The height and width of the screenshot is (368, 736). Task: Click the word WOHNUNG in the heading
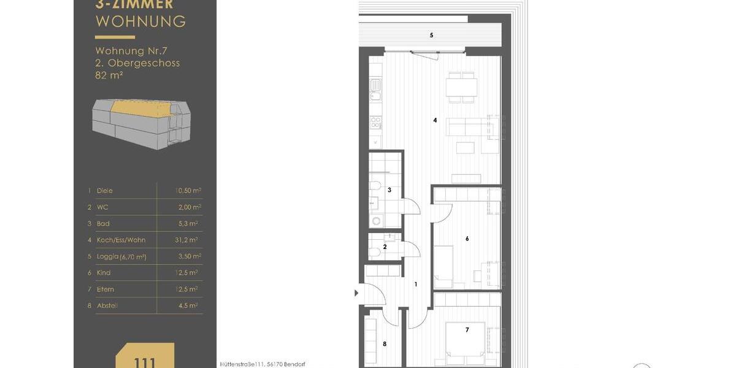pyautogui.click(x=140, y=21)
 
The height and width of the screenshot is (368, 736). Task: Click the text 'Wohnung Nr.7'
pyautogui.click(x=128, y=51)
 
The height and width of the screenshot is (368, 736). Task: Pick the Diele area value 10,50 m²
pyautogui.click(x=187, y=191)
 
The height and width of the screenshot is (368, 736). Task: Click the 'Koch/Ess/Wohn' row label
pyautogui.click(x=121, y=240)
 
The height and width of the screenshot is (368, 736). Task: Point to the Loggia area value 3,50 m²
pyautogui.click(x=188, y=256)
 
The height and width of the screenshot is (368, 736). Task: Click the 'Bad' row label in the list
pyautogui.click(x=103, y=224)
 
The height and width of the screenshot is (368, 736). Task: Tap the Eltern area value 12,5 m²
pyautogui.click(x=188, y=289)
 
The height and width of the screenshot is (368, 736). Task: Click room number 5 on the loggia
pyautogui.click(x=431, y=36)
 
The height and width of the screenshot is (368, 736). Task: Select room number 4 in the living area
pyautogui.click(x=435, y=120)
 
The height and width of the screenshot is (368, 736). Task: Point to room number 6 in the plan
pyautogui.click(x=467, y=239)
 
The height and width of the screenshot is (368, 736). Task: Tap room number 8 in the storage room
pyautogui.click(x=385, y=344)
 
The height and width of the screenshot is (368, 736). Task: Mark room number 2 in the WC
pyautogui.click(x=385, y=247)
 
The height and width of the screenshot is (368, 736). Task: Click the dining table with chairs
pyautogui.click(x=461, y=86)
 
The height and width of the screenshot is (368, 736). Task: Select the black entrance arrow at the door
pyautogui.click(x=357, y=293)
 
